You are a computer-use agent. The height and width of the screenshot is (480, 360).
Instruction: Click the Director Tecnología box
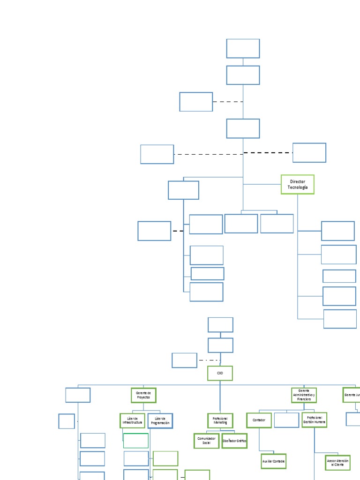[x=297, y=184]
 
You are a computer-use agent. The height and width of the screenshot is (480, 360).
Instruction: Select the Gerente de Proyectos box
[x=143, y=395]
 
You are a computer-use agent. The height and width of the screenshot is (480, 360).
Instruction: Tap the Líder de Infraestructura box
[x=132, y=420]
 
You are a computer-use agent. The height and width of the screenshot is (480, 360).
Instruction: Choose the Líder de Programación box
[x=160, y=420]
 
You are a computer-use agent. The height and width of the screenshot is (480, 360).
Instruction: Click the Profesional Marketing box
[x=220, y=420]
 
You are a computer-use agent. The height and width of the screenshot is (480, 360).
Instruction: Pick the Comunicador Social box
[x=206, y=441]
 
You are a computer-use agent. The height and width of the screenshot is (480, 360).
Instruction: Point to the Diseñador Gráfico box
[x=234, y=441]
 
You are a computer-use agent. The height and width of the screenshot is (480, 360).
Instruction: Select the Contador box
[x=259, y=420]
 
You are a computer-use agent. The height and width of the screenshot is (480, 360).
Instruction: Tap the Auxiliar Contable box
[x=273, y=461]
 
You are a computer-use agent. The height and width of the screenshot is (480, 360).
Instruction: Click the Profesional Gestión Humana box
[x=314, y=420]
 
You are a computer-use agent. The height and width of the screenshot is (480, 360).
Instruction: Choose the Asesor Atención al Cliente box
[x=337, y=463]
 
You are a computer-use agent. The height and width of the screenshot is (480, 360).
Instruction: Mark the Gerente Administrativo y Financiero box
[x=304, y=395]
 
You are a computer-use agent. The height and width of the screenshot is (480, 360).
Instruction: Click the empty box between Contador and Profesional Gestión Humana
[x=286, y=420]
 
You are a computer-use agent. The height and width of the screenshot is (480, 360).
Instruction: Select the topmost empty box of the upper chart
[x=243, y=48]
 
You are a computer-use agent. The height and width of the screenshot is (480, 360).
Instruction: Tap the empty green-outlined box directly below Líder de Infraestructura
[x=136, y=441]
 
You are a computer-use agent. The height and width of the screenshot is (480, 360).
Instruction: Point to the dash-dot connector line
[x=209, y=360]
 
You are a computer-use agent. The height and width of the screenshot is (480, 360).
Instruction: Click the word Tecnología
[x=298, y=187]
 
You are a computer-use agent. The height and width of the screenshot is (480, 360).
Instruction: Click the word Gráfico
[x=239, y=441]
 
